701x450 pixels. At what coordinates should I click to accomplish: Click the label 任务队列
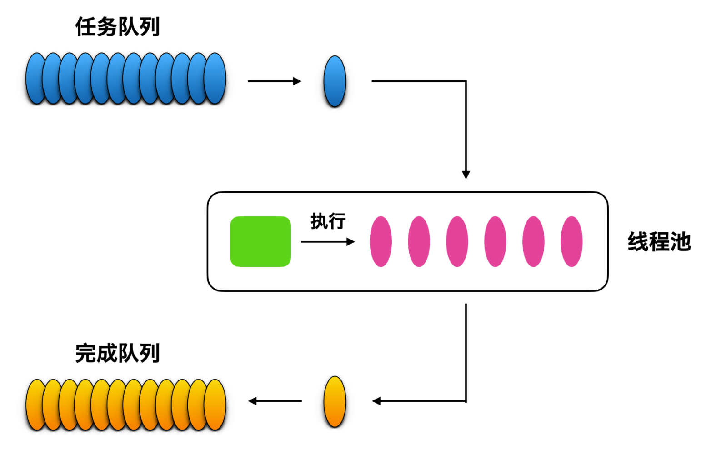(x=118, y=27)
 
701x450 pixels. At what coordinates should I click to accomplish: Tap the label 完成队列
(x=118, y=353)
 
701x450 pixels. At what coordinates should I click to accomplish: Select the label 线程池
(x=659, y=241)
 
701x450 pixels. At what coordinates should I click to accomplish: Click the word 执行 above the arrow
(x=328, y=221)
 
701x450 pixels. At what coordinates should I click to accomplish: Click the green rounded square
(x=260, y=241)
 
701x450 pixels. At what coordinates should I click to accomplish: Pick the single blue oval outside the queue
(x=335, y=81)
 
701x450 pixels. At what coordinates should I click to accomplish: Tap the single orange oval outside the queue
(x=335, y=401)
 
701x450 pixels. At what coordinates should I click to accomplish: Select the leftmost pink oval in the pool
(x=381, y=241)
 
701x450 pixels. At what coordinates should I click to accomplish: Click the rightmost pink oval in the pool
(x=571, y=241)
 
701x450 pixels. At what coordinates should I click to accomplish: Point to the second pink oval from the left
(x=419, y=241)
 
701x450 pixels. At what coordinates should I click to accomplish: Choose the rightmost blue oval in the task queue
(x=215, y=78)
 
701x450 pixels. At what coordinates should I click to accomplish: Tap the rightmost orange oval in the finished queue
(x=215, y=405)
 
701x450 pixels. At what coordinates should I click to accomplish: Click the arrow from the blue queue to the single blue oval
(x=275, y=81)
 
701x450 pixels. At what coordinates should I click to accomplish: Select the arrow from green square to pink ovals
(x=328, y=241)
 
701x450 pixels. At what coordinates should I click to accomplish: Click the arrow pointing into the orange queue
(x=275, y=401)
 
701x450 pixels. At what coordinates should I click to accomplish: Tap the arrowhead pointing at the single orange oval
(x=376, y=401)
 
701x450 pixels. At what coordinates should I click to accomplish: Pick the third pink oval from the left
(x=457, y=241)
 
